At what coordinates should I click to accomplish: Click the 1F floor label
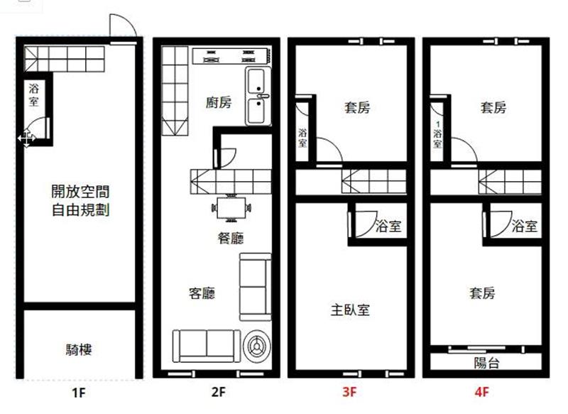(x=78, y=392)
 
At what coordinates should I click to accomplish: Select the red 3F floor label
(x=349, y=391)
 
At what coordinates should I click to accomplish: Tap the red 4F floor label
(x=482, y=391)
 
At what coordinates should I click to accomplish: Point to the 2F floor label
(x=219, y=391)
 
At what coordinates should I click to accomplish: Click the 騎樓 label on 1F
(x=79, y=349)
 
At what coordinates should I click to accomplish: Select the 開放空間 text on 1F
(x=80, y=191)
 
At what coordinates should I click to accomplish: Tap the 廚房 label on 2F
(x=219, y=102)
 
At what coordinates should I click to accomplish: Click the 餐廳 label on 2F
(x=230, y=238)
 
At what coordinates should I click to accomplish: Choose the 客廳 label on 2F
(x=202, y=293)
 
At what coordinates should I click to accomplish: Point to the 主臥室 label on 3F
(x=350, y=310)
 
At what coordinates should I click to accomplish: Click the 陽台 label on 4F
(x=487, y=362)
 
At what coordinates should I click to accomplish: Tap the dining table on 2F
(x=231, y=208)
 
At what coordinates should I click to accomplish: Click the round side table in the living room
(x=256, y=346)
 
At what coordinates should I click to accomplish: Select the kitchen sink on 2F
(x=258, y=97)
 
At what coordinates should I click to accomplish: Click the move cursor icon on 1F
(x=26, y=138)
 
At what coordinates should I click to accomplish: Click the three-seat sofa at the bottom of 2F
(x=206, y=346)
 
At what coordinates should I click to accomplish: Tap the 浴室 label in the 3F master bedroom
(x=388, y=227)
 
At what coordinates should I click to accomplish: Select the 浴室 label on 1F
(x=33, y=94)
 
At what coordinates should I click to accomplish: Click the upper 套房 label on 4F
(x=493, y=107)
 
